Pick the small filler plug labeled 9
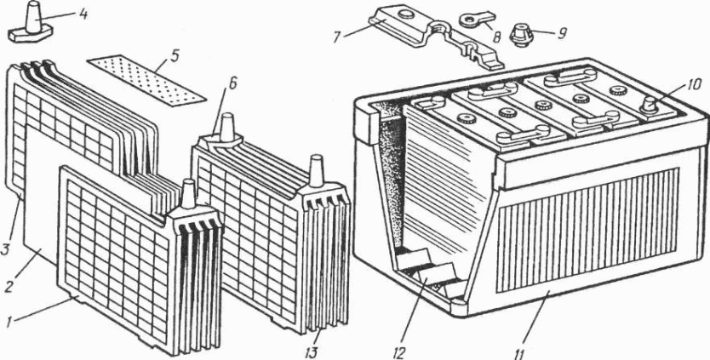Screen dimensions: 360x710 [x=519, y=36]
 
